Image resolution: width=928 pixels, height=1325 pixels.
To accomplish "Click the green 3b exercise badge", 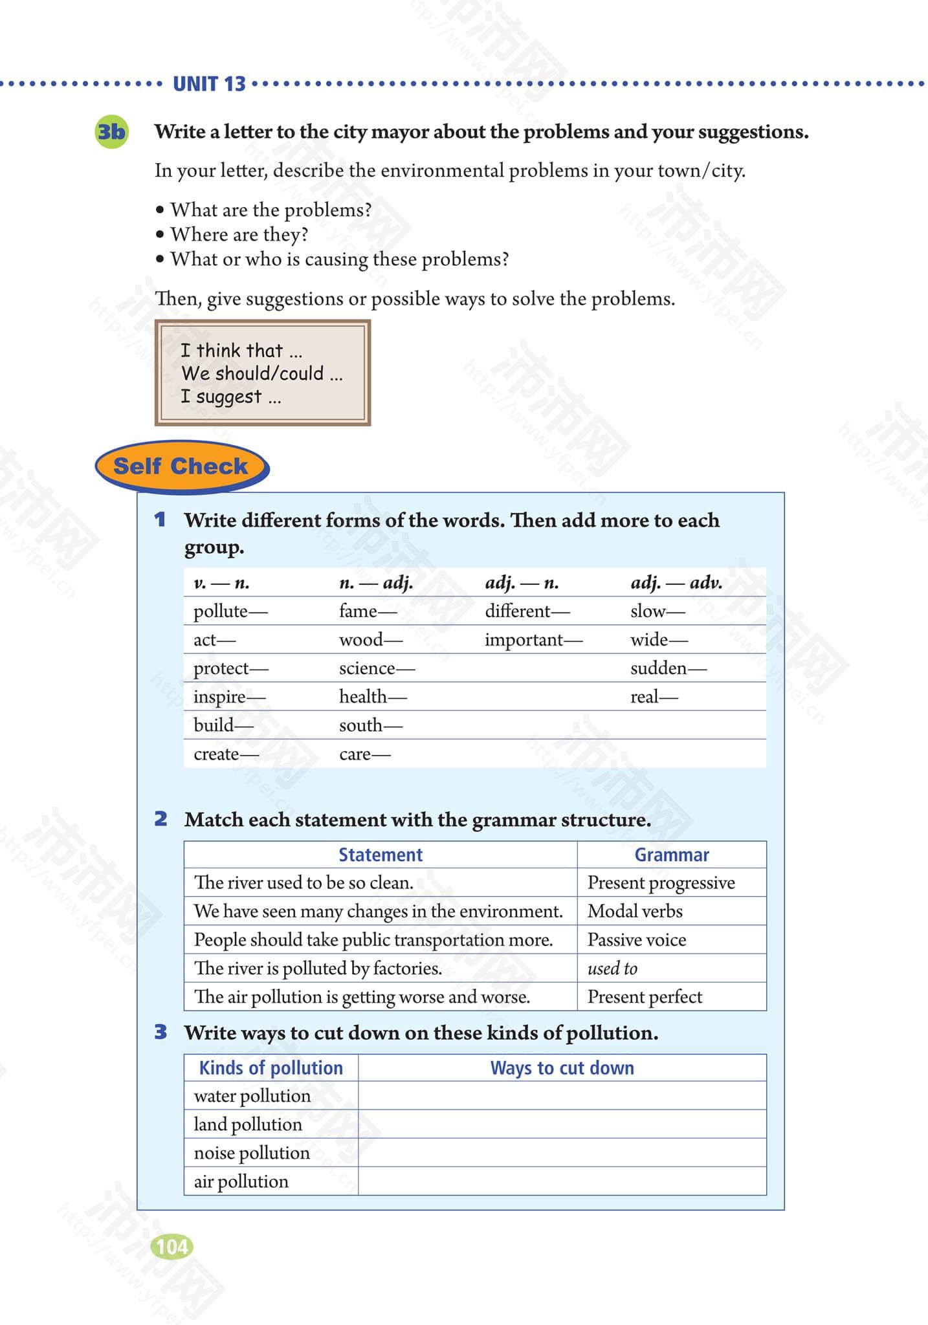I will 111,132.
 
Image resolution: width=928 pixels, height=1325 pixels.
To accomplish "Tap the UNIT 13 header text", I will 209,84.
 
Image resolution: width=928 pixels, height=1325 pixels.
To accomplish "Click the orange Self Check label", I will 181,466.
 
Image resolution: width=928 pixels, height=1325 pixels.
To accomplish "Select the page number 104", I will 171,1246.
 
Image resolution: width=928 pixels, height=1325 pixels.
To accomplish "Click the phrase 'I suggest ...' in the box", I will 231,397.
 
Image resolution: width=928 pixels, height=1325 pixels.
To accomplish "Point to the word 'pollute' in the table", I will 221,611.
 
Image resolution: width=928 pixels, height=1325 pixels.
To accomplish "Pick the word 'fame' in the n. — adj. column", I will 358,611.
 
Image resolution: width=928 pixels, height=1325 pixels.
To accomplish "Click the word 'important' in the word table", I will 524,640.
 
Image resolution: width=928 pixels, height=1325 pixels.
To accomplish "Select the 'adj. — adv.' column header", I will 676,583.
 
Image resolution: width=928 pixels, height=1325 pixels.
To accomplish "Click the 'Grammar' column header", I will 672,855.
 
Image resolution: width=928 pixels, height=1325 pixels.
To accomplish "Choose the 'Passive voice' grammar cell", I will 637,940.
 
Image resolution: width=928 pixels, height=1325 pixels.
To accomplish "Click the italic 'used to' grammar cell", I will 612,969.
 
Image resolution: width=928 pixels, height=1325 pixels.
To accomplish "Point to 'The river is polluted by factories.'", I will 318,969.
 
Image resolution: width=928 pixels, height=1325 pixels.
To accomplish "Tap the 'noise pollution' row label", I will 252,1153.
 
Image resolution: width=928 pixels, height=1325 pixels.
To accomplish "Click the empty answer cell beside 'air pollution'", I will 562,1181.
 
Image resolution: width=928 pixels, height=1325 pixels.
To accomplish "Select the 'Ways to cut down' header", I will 562,1068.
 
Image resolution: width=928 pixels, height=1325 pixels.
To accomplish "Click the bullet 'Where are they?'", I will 239,234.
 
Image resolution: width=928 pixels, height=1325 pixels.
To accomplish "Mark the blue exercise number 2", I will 160,819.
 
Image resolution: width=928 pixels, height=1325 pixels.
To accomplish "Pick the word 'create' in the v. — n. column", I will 216,754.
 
